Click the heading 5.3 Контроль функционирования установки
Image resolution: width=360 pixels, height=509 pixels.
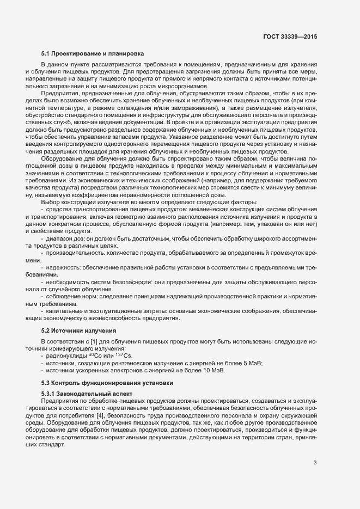[107, 383]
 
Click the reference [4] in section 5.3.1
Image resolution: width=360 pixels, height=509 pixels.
[107, 415]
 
